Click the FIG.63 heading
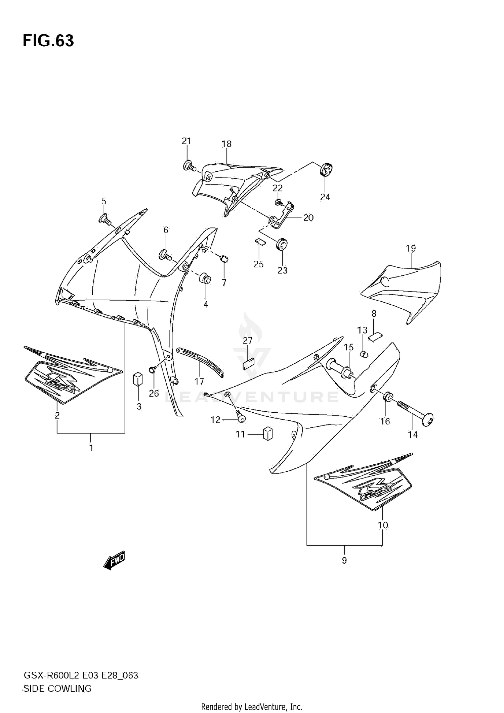coord(48,41)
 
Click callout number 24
coord(325,197)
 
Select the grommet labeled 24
coord(326,169)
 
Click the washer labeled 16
coord(388,397)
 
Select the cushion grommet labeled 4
coord(205,278)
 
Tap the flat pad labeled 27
coord(249,364)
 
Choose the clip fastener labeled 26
coord(153,370)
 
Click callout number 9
coord(344,560)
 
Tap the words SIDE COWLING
coord(57,689)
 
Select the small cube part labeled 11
coord(267,434)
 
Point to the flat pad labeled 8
coord(375,336)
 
